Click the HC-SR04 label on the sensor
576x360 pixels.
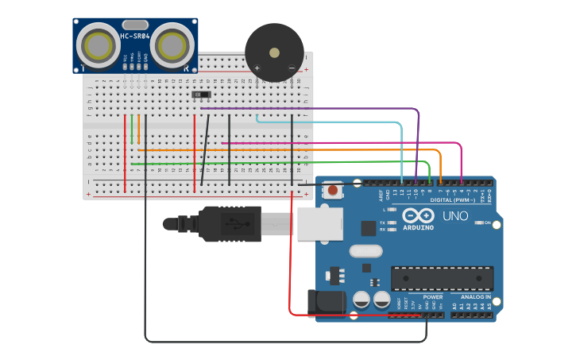pyautogui.click(x=135, y=37)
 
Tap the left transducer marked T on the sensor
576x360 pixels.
pyautogui.click(x=99, y=47)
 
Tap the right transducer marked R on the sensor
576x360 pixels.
pyautogui.click(x=172, y=47)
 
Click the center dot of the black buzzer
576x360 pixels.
pyautogui.click(x=274, y=53)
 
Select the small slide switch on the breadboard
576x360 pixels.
pyautogui.click(x=202, y=95)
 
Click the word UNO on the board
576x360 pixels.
pyautogui.click(x=455, y=216)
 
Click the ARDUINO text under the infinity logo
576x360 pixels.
pyautogui.click(x=418, y=228)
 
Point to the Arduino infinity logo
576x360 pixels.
pyautogui.click(x=418, y=216)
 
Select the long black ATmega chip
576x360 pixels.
pyautogui.click(x=442, y=278)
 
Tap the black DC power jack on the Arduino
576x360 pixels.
pyautogui.click(x=327, y=302)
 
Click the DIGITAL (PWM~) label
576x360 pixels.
pyautogui.click(x=449, y=200)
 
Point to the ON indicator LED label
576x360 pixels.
pyautogui.click(x=487, y=223)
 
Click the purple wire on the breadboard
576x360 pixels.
pyautogui.click(x=318, y=108)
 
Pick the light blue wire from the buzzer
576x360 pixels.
pyautogui.click(x=334, y=122)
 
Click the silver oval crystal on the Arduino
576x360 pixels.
pyautogui.click(x=365, y=251)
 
